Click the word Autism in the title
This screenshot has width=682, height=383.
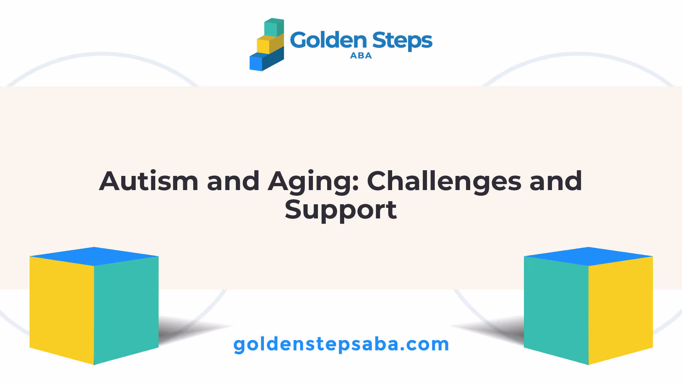click(x=148, y=181)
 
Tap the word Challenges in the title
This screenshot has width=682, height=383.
click(x=444, y=182)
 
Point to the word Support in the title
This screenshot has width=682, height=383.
click(x=341, y=210)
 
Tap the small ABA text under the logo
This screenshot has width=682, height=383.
click(x=361, y=56)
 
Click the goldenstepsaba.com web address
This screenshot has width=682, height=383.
click(x=341, y=345)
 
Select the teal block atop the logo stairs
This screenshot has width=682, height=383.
click(x=274, y=28)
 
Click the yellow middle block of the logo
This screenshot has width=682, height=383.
click(x=270, y=44)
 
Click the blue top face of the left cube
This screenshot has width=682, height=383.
click(x=94, y=256)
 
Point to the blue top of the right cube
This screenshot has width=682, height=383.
click(x=589, y=256)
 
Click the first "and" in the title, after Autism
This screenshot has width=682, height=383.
click(x=233, y=181)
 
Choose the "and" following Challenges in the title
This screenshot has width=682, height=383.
click(x=556, y=181)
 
